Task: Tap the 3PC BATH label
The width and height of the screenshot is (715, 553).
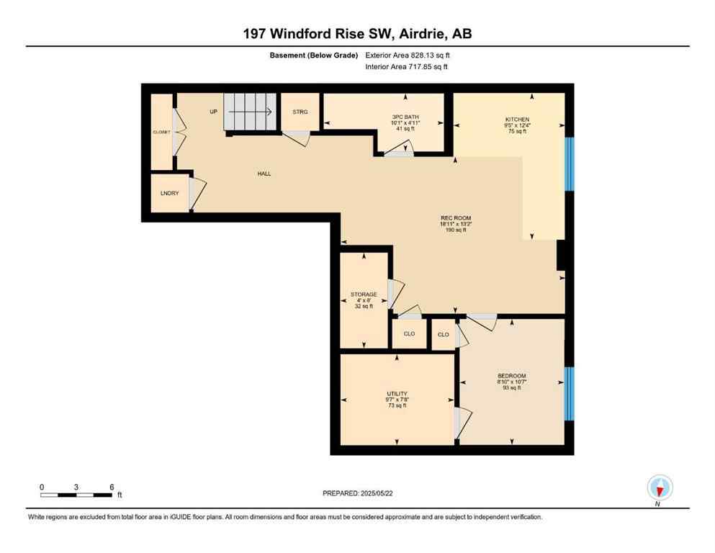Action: (405, 117)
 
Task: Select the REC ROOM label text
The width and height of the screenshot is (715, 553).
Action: (456, 218)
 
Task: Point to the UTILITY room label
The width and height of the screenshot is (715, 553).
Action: (397, 393)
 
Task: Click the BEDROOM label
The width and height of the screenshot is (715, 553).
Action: (512, 376)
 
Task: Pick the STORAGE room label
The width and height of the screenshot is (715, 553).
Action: (364, 295)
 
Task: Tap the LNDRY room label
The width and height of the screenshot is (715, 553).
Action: (169, 193)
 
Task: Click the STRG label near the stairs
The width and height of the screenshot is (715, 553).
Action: (300, 112)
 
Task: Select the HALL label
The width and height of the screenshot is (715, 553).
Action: (264, 174)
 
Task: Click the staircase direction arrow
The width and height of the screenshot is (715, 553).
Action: (248, 112)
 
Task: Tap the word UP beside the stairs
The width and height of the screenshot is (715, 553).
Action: (213, 112)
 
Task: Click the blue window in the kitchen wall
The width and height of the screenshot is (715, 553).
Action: (569, 163)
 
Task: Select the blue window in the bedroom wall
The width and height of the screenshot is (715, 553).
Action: (569, 393)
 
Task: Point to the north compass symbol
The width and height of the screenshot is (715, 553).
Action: (660, 488)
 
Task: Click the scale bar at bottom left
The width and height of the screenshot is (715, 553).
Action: (76, 495)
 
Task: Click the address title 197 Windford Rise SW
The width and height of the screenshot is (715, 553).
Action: (357, 33)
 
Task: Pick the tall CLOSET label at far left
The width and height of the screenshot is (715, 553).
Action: (161, 132)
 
